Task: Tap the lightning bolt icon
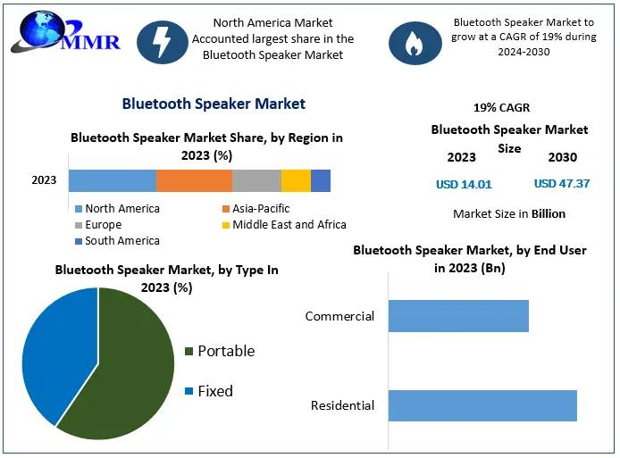pyautogui.click(x=162, y=42)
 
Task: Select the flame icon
pyautogui.click(x=415, y=43)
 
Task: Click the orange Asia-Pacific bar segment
pyautogui.click(x=194, y=180)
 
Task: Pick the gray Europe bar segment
pyautogui.click(x=256, y=180)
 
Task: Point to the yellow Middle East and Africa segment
pyautogui.click(x=297, y=180)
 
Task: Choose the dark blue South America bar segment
pyautogui.click(x=321, y=180)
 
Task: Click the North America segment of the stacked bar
pyautogui.click(x=113, y=180)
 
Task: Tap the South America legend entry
pyautogui.click(x=117, y=241)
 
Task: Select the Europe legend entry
pyautogui.click(x=98, y=225)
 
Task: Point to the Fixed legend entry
pyautogui.click(x=209, y=391)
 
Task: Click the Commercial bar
pyautogui.click(x=458, y=316)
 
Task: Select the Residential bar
pyautogui.click(x=482, y=405)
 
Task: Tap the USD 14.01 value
pyautogui.click(x=464, y=185)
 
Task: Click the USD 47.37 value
pyautogui.click(x=562, y=184)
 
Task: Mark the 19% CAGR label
pyautogui.click(x=502, y=107)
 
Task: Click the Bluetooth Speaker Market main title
pyautogui.click(x=214, y=104)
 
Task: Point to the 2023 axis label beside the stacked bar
pyautogui.click(x=44, y=180)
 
